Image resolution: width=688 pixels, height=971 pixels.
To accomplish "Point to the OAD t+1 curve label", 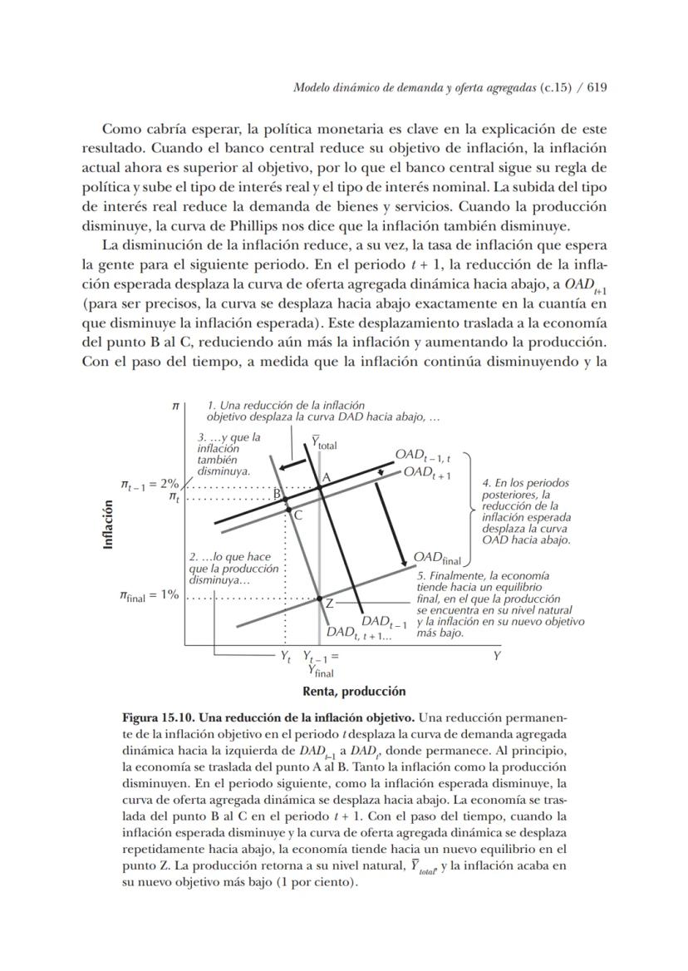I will [x=427, y=474].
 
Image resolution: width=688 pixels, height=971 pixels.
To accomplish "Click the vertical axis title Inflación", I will [x=108, y=524].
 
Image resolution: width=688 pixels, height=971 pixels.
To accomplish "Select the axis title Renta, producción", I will [x=354, y=691].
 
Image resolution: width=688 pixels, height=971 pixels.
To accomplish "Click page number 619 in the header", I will [x=597, y=88].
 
